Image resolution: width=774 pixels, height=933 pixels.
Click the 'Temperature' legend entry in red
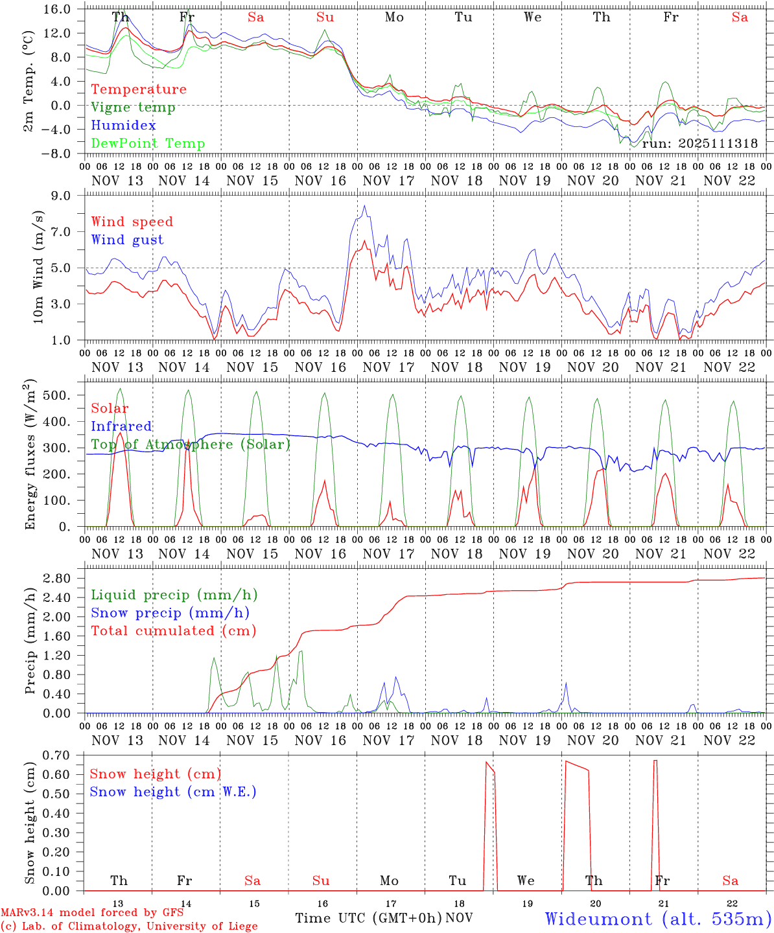139,89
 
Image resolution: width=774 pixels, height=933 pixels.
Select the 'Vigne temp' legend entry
133,108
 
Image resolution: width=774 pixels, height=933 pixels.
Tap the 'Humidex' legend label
124,126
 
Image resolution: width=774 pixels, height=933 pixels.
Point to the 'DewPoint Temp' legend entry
148,144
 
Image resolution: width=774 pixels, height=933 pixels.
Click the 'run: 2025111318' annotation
700,144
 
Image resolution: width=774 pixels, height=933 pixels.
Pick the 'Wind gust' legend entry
128,240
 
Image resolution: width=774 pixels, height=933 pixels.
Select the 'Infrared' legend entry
121,426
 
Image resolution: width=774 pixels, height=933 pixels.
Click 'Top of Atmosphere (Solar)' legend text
191,444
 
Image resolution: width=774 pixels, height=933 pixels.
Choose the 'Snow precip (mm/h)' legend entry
170,613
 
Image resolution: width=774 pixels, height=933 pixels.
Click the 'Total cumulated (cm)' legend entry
174,631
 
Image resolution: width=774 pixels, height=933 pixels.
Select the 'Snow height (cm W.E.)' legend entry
173,792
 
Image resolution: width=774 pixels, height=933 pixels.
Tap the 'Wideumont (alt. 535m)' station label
658,919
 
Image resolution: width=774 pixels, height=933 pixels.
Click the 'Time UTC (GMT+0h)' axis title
369,918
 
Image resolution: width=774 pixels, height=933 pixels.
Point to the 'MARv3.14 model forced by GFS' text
92,913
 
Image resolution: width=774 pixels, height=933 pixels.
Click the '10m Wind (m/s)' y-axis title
39,266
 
